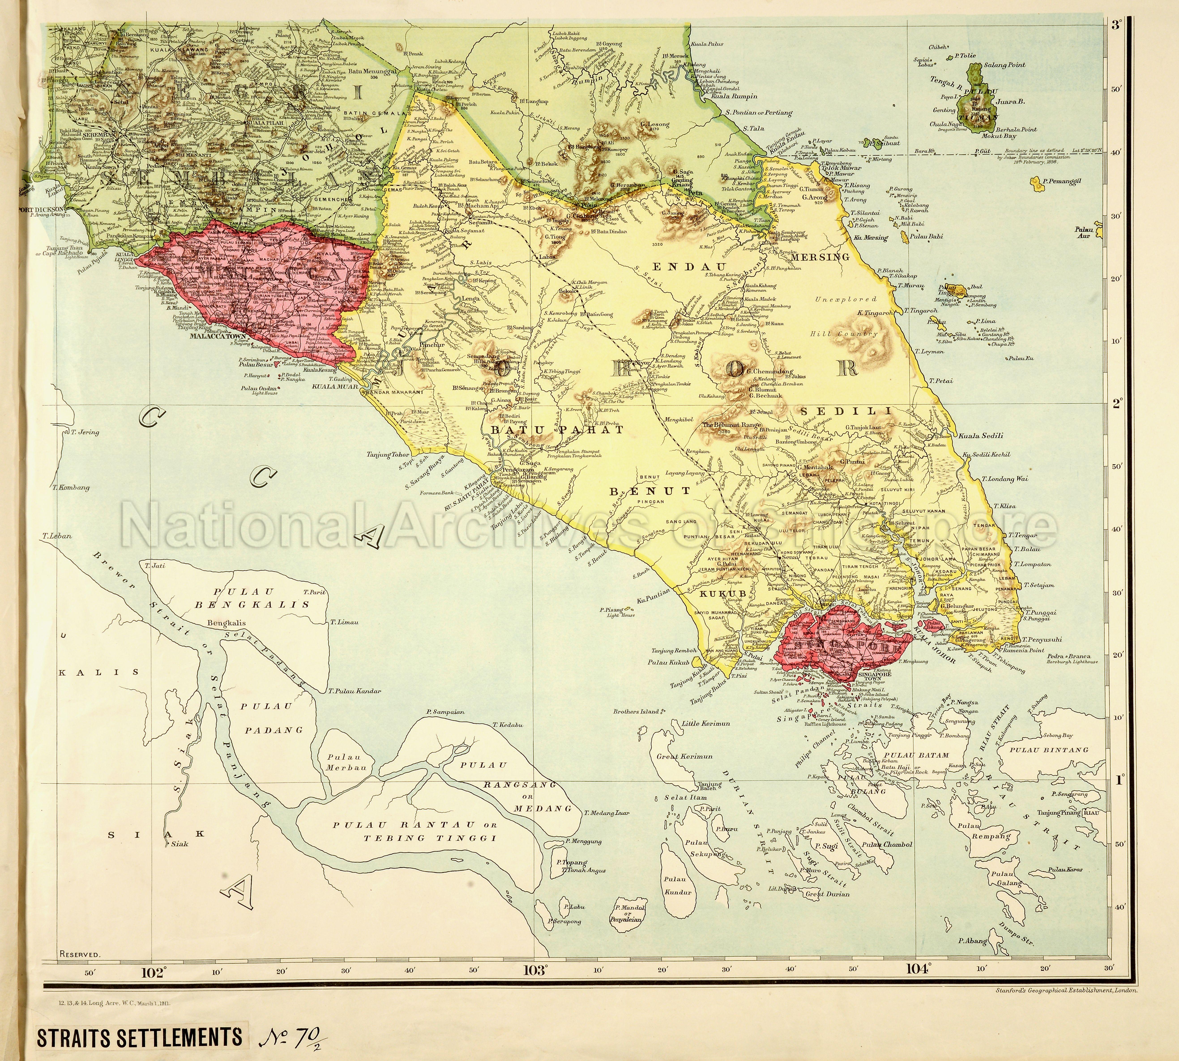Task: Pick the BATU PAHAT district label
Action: tap(557, 430)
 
